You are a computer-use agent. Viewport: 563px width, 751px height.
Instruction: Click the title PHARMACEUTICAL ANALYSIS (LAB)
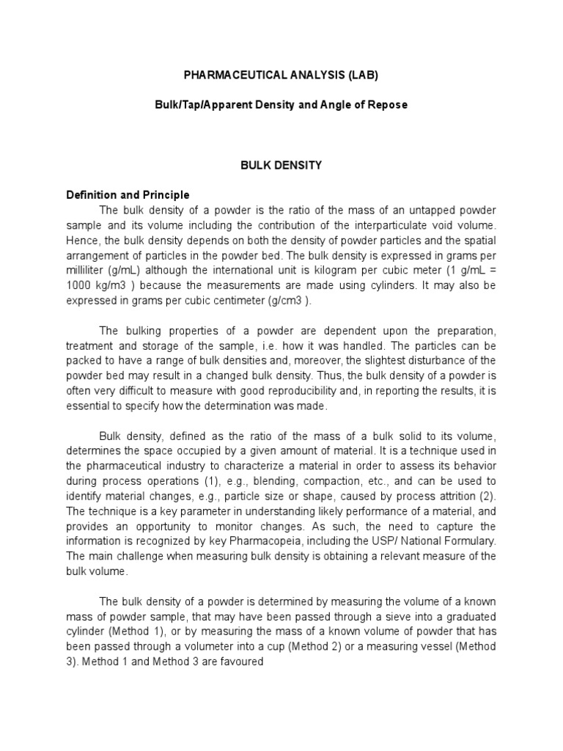tap(282, 75)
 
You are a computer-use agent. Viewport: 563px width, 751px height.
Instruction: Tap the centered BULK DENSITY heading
tap(281, 165)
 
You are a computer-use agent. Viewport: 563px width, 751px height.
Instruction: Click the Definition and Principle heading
tap(128, 195)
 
